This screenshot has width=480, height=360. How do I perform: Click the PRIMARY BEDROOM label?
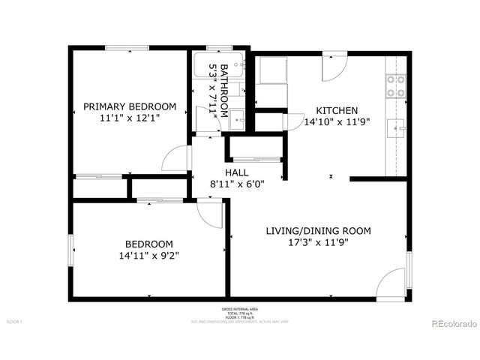(x=130, y=106)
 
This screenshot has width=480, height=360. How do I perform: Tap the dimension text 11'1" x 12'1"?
(x=130, y=118)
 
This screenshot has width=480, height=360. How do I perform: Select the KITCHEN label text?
(x=331, y=109)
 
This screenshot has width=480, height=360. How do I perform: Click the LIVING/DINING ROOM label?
(x=318, y=230)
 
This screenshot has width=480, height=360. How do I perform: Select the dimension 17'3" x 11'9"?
(x=318, y=242)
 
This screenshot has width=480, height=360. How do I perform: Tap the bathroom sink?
(x=237, y=119)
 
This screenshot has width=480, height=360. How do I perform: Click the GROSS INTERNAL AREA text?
(x=239, y=309)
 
